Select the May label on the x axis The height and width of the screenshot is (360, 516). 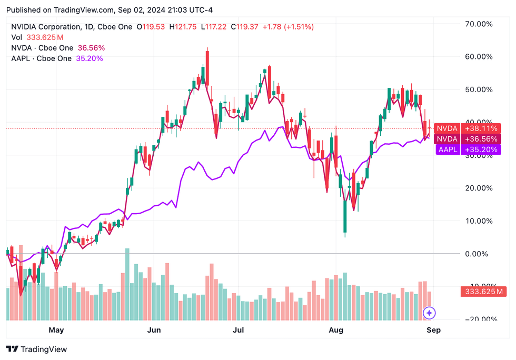click(x=56, y=330)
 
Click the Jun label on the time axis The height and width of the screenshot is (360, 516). click(x=154, y=330)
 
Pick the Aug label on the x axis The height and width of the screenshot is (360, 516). click(x=336, y=330)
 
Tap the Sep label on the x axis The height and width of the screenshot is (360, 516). click(x=433, y=330)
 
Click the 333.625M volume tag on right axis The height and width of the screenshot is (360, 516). click(x=481, y=291)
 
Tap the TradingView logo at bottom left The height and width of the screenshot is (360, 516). click(x=36, y=349)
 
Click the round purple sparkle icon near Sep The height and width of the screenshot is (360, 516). click(x=429, y=313)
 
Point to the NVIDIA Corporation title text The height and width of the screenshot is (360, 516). click(x=46, y=26)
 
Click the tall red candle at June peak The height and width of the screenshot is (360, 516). click(x=207, y=67)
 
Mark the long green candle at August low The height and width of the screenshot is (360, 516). click(x=345, y=208)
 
